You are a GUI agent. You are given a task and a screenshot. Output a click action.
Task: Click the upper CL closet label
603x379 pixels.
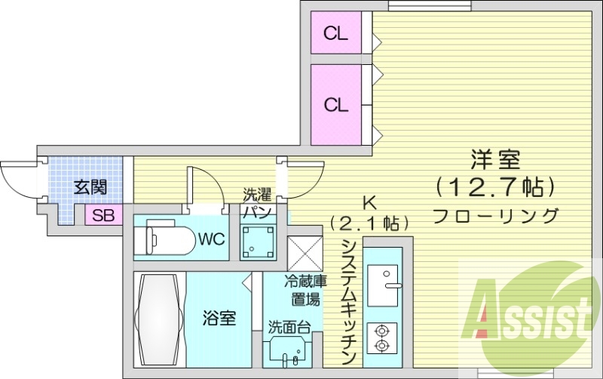336,34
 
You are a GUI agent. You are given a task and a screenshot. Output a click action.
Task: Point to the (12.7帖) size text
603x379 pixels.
495,186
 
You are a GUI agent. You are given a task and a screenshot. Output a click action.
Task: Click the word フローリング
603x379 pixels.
496,214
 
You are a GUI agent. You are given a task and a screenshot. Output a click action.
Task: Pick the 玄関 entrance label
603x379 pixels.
89,187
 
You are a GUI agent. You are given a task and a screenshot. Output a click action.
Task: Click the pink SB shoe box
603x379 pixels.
103,215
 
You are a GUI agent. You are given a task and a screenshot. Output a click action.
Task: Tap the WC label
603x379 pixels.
212,240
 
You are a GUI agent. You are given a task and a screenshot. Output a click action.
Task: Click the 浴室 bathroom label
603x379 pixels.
219,319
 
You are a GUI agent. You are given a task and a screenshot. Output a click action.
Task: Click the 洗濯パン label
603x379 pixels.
256,203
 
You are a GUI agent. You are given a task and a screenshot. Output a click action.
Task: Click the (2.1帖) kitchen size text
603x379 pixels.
369,223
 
